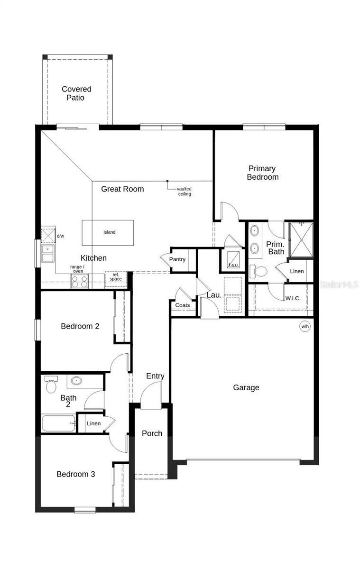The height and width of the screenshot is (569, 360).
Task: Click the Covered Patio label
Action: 76,93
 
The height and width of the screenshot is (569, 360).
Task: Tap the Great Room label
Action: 122,189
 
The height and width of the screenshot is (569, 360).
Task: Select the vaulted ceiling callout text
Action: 185,191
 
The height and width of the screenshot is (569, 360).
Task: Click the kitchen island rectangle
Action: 108,233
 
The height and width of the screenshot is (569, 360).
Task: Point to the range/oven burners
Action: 80,281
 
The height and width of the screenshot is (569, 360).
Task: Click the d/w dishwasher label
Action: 60,236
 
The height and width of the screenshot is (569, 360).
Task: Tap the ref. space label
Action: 116,277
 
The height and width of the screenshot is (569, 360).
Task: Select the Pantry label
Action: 177,259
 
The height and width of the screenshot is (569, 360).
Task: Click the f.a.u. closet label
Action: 233,265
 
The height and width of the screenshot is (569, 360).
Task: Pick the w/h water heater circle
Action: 305,326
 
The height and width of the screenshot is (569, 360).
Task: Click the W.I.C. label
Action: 293,298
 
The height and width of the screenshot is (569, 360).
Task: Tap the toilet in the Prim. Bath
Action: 258,271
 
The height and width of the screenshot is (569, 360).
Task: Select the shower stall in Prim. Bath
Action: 301,239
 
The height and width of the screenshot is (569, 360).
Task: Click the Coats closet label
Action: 183,305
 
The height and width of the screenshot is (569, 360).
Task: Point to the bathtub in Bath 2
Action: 59,423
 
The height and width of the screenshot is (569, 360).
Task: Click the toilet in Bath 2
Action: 51,385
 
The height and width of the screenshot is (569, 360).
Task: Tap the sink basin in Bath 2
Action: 76,380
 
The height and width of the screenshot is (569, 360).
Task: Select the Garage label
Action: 246,388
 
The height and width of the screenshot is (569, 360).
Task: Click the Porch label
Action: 152,433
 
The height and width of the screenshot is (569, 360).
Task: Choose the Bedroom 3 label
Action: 76,474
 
